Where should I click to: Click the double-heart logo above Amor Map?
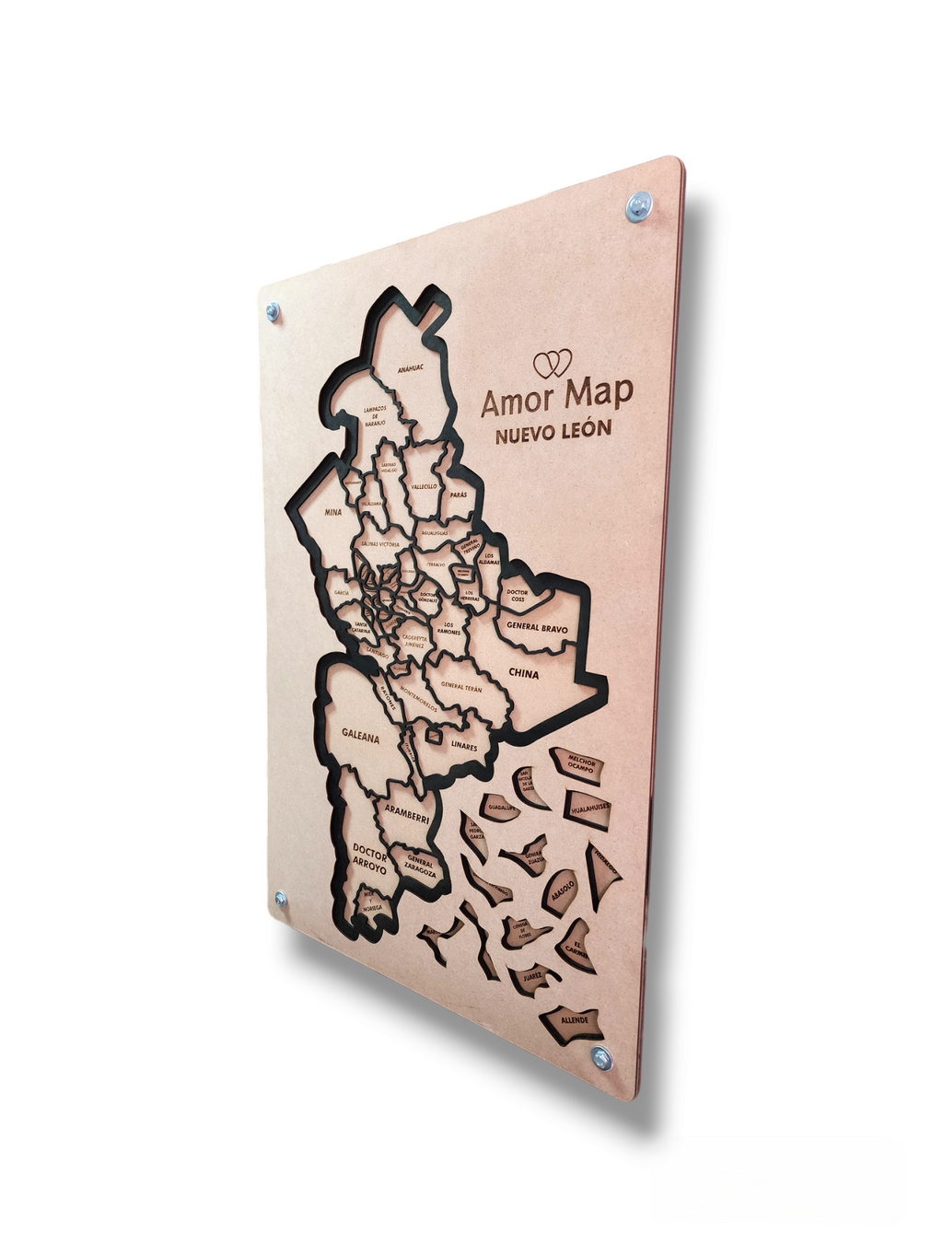[553, 363]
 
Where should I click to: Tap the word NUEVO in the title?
[525, 435]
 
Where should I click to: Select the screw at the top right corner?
[637, 205]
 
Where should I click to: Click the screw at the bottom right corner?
[601, 1057]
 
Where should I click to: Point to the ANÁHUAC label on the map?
[410, 369]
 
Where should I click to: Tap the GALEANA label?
[360, 737]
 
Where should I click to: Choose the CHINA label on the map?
[523, 674]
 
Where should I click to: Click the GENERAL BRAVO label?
[536, 628]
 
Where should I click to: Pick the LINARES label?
[464, 747]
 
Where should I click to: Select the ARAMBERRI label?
[406, 811]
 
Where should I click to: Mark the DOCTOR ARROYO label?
[368, 856]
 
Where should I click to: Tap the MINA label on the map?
[332, 512]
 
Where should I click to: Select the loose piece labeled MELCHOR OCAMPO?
[580, 765]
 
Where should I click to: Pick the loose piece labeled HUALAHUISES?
[589, 808]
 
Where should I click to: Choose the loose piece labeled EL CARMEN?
[577, 949]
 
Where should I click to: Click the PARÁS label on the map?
[459, 495]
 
